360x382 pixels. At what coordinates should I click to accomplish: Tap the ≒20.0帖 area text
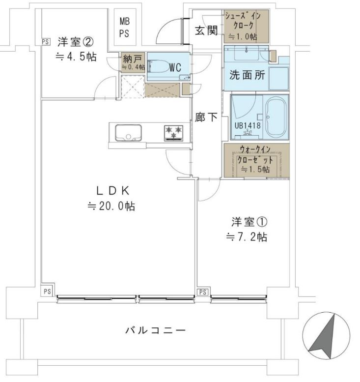coord(111,206)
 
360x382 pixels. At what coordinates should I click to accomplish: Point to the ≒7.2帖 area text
coord(247,237)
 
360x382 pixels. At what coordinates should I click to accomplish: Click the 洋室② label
coord(75,41)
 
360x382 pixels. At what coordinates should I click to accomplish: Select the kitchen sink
coord(128,133)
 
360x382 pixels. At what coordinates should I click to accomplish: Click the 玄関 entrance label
coord(206,30)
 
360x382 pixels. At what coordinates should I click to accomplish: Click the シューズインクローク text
coord(245,25)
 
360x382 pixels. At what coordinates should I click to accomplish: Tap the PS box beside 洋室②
coord(45,42)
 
